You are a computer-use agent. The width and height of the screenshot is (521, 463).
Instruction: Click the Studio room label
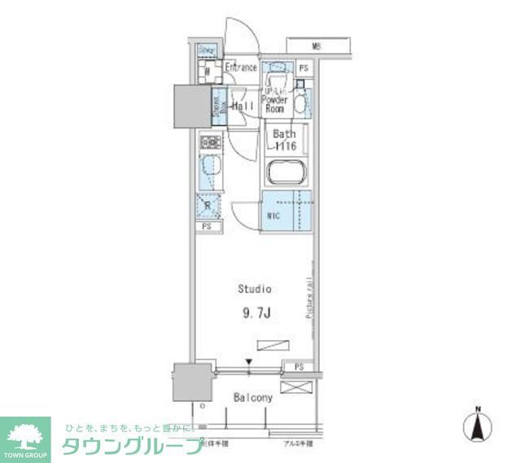(254, 288)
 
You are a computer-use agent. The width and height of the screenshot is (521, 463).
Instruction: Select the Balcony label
(252, 399)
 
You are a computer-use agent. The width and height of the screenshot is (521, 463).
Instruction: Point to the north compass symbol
(479, 426)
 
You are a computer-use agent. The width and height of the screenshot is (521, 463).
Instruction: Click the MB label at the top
(315, 46)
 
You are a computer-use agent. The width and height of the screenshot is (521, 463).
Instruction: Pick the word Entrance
(241, 68)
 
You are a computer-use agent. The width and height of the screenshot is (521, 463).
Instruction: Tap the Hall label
(243, 106)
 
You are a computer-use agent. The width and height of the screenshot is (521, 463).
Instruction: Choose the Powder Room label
(274, 105)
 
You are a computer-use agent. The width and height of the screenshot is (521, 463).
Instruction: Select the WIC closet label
(274, 216)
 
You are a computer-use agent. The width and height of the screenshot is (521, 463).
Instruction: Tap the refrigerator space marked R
(208, 207)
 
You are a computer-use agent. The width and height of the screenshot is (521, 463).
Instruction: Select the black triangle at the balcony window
(250, 364)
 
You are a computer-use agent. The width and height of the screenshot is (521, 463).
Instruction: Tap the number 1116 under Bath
(284, 146)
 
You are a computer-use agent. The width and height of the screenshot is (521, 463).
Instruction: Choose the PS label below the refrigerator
(206, 227)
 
